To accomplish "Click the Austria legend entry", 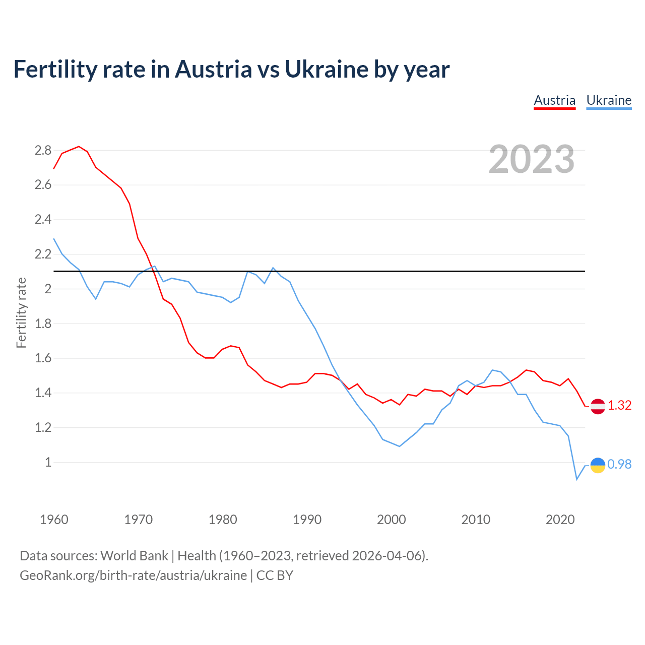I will click(x=554, y=100).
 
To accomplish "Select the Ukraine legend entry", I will click(x=609, y=100).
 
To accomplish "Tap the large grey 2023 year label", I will click(x=532, y=159).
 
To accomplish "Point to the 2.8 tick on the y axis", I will click(x=43, y=150).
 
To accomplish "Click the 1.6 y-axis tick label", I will click(x=43, y=358).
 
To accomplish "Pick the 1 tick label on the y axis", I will click(x=48, y=462).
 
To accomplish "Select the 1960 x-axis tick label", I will click(x=54, y=520).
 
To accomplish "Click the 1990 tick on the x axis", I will click(x=307, y=520).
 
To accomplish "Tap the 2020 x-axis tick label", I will click(x=560, y=520).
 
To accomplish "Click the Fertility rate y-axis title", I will click(x=21, y=312).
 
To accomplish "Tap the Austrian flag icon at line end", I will click(x=598, y=406).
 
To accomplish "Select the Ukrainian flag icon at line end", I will click(x=598, y=465).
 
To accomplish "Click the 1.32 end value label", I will click(x=620, y=406).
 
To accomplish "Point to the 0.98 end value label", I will click(x=619, y=465).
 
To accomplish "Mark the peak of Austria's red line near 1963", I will click(x=79, y=147).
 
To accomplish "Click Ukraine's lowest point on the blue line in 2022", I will click(x=576, y=479).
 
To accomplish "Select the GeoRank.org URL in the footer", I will click(x=133, y=575).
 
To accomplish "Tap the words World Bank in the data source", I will click(x=134, y=556).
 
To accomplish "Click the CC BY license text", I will click(x=275, y=575).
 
